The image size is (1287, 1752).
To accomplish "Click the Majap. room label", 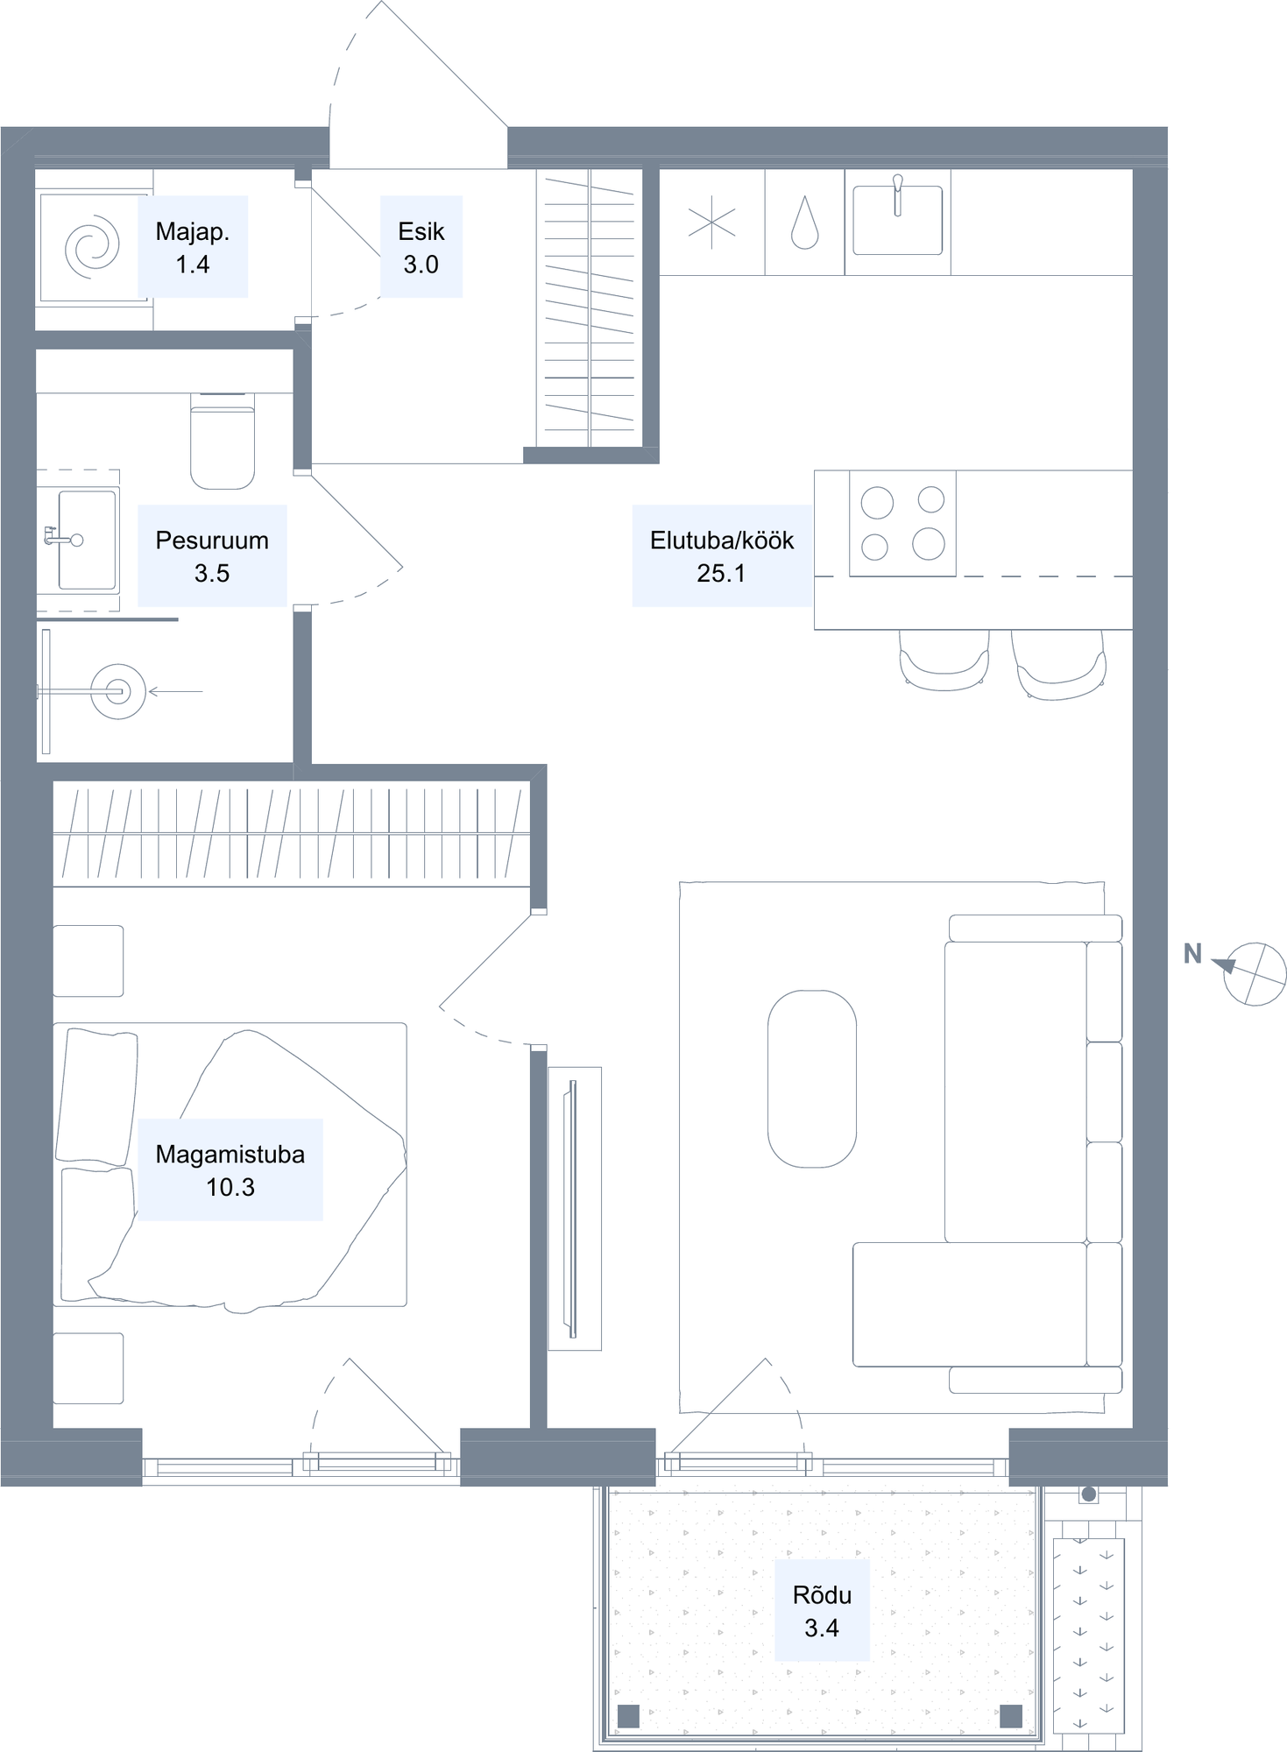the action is pos(192,231).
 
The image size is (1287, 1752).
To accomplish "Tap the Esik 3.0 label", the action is pos(421,248).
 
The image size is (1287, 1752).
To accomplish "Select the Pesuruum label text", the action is pos(212,540).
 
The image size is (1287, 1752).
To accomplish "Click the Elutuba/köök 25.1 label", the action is pos(722,556).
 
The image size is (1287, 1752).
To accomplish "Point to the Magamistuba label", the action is pos(230,1155).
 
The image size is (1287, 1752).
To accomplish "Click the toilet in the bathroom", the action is pos(223,441).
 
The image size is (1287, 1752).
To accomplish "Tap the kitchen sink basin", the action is pos(898,220).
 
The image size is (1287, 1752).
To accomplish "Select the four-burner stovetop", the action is pos(902,524).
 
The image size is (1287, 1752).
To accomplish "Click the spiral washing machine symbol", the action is pos(92,248).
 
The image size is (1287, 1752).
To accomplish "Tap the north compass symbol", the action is pos(1254,973).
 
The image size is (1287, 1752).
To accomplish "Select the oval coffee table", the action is pos(812,1079).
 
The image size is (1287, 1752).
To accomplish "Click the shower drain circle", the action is pos(118,692).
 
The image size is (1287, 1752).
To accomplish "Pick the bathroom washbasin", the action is pos(87,540).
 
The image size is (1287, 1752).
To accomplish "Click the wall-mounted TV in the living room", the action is pos(574,1209).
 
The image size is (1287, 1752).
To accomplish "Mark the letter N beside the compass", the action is pos(1192,954).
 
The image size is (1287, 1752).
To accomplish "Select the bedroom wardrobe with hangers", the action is pos(292,834).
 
